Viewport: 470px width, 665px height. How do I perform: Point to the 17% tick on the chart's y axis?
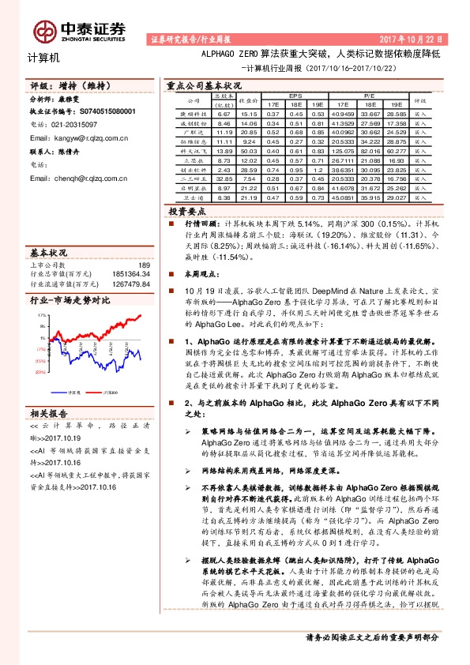click(40, 314)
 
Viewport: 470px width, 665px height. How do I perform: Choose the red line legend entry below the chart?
click(107, 391)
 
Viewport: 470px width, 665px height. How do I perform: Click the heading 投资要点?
click(188, 212)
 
